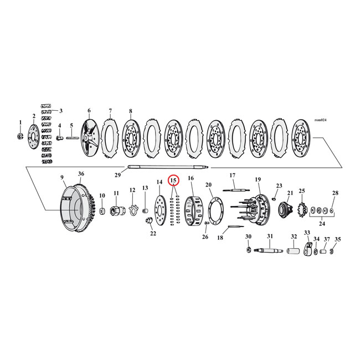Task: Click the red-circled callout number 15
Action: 173,181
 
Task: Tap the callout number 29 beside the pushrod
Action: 117,175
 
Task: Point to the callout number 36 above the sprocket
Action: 81,174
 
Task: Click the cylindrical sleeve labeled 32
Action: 294,253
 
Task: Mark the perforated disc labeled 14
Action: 160,208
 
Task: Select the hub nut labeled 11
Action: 117,210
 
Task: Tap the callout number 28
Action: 334,193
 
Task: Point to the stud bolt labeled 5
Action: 73,138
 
